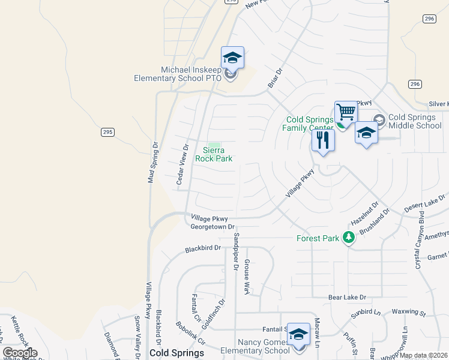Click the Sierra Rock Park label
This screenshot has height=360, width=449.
pos(214,154)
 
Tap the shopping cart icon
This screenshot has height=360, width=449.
pos(346,112)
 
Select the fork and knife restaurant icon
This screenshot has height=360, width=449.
pos(323,141)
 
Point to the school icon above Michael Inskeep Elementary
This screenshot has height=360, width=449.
pos(232,58)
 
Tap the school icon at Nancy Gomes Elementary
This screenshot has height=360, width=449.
pos(298,335)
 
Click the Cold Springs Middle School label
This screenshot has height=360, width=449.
pos(415,121)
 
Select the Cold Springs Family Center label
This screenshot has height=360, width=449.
pos(309,123)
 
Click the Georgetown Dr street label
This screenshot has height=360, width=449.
pos(212,227)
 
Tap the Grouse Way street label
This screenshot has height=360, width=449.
pos(246,276)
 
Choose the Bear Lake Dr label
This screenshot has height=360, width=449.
pos(347,297)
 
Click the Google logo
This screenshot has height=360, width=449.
pos(20,353)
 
